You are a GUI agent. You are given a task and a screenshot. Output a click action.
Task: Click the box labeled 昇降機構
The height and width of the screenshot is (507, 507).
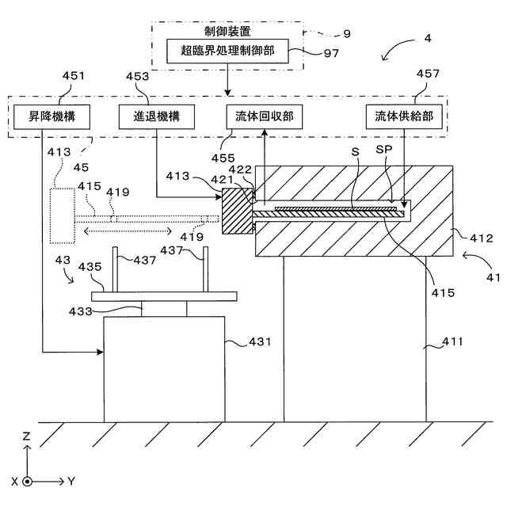pos(51,116)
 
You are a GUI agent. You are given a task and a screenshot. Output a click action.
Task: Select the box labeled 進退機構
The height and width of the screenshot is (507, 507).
pos(157,116)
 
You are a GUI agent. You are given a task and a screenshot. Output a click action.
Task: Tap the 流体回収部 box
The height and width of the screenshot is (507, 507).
pos(264,116)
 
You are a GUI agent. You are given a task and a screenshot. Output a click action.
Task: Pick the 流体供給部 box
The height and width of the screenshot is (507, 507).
pos(404,116)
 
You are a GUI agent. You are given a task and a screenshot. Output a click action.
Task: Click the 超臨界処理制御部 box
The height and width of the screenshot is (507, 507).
pos(227,51)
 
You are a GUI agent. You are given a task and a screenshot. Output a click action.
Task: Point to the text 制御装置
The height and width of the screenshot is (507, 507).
pos(227,32)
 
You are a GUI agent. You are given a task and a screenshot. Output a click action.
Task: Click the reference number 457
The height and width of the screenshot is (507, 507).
pos(428,74)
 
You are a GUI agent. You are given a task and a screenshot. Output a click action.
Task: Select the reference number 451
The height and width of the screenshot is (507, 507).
pos(74,76)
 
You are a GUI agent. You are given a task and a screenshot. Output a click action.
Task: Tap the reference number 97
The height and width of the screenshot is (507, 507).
pos(331,53)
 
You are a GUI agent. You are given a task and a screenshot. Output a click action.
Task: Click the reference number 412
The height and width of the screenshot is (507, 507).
pos(482,238)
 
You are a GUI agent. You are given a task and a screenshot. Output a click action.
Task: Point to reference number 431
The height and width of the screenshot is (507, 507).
pos(260,341)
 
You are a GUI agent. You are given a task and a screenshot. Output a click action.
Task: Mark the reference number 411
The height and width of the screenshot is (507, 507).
pos(452,341)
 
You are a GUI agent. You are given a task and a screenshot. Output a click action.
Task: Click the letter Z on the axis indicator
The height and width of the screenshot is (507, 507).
pos(26,436)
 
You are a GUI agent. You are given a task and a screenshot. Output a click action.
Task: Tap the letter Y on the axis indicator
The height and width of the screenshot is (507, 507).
pos(71,482)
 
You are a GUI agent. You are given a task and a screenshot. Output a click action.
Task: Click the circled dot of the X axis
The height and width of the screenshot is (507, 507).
pos(28,482)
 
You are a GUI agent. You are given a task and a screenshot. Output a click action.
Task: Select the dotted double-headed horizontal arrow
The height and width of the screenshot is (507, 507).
pos(128,231)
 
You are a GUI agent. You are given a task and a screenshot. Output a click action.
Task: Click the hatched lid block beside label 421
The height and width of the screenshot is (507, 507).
pos(238,212)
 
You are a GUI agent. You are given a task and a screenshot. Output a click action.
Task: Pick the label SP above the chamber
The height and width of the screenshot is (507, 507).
pos(384,150)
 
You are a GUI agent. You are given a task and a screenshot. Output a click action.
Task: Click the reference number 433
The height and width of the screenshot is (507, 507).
pos(81,311)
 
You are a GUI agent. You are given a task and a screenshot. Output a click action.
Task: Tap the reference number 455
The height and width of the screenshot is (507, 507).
pos(223,158)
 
